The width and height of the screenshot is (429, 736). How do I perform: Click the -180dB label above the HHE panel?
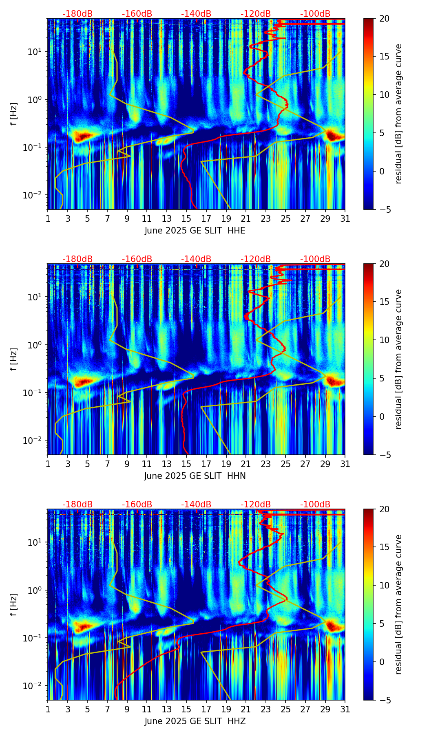[x=77, y=14]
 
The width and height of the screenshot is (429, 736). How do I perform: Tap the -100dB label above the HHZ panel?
[x=315, y=505]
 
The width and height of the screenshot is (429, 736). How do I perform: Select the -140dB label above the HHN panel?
[x=196, y=259]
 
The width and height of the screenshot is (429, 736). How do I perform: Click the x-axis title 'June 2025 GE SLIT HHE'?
[x=195, y=231]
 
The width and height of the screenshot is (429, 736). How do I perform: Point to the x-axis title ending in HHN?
[x=195, y=476]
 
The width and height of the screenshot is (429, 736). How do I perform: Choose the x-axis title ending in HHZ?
[x=195, y=721]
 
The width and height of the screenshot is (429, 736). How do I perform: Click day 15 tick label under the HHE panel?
[x=186, y=218]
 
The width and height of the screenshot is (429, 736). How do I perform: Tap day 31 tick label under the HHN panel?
[x=345, y=464]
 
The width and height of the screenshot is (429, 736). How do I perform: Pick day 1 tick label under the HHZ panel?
[x=48, y=709]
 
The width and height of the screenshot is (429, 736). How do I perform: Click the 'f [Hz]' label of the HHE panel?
[x=14, y=114]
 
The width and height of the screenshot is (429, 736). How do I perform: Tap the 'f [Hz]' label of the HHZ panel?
[x=14, y=605]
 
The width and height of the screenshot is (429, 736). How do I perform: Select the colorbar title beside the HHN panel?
[x=398, y=359]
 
